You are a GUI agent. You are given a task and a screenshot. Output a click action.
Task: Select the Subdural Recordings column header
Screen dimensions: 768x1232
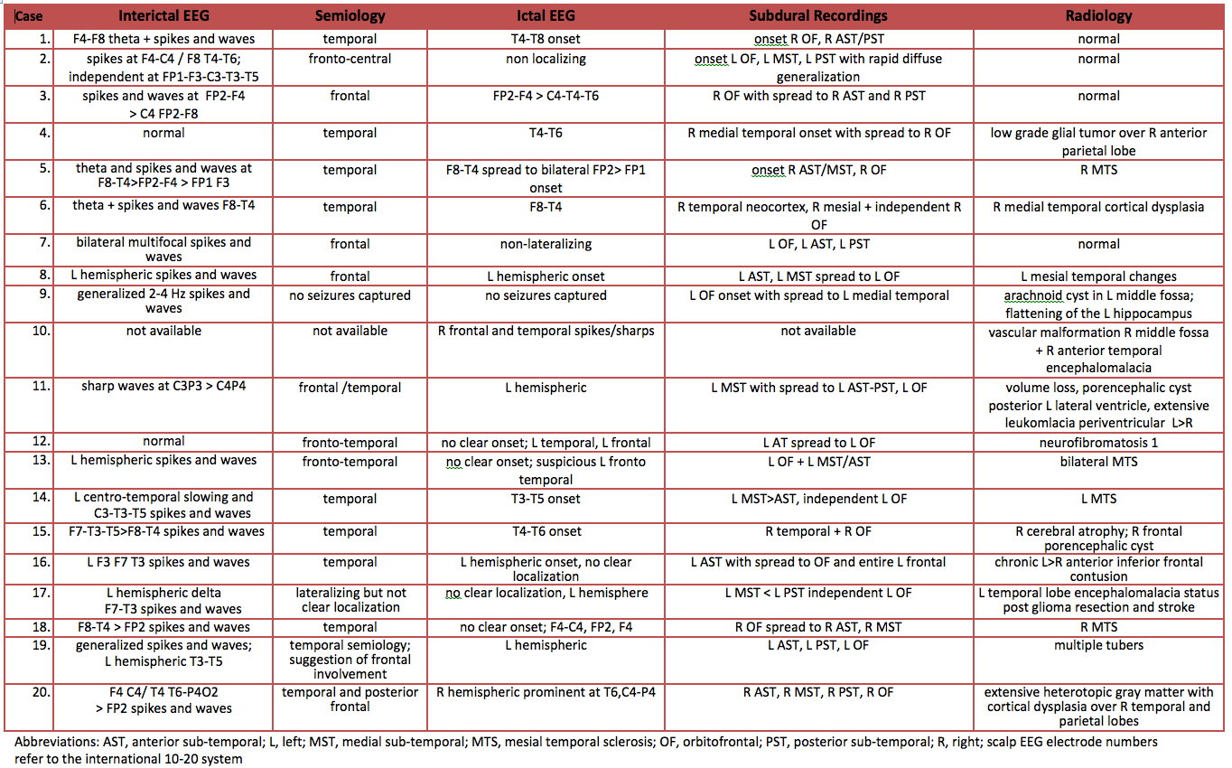(817, 15)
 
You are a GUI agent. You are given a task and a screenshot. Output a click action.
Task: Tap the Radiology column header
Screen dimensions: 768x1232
(1098, 15)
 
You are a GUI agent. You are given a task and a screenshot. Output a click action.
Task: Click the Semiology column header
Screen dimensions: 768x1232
(350, 15)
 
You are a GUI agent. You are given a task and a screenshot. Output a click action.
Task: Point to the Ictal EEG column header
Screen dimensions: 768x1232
(546, 15)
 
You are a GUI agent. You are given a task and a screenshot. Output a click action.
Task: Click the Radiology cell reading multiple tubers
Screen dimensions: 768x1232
(1098, 645)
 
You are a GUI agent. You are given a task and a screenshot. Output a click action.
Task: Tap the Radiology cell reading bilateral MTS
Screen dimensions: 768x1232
(1098, 461)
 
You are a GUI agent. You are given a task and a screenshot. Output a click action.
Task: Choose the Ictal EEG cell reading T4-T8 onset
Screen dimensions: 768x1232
(546, 39)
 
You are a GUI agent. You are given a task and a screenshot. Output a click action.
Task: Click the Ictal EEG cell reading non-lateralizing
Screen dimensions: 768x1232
(546, 244)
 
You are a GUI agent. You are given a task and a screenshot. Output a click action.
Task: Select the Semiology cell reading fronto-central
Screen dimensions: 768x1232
(350, 59)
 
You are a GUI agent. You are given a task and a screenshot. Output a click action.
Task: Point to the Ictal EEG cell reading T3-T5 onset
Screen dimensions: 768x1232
(546, 499)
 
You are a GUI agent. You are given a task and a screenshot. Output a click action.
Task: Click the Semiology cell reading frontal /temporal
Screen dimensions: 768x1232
(350, 388)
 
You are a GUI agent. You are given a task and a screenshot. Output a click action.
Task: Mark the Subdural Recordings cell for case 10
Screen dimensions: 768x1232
(817, 331)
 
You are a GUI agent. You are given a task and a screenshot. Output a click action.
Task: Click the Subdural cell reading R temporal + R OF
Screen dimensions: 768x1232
(817, 531)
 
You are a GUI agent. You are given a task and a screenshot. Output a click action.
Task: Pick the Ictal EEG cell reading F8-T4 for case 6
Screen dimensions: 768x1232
(546, 207)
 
